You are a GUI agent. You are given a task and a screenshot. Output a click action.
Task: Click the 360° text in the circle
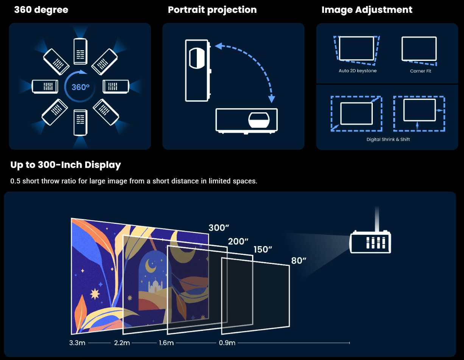pyautogui.click(x=80, y=87)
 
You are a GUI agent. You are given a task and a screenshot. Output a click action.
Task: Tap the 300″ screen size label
pyautogui.click(x=219, y=228)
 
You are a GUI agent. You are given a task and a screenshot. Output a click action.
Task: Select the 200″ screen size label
pyautogui.click(x=238, y=241)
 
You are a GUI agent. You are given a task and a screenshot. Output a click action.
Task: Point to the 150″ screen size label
pyautogui.click(x=263, y=250)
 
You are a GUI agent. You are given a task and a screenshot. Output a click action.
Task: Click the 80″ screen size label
pyautogui.click(x=299, y=261)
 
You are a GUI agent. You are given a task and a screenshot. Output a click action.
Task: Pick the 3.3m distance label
pyautogui.click(x=77, y=343)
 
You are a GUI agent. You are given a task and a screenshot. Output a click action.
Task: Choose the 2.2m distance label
pyautogui.click(x=122, y=343)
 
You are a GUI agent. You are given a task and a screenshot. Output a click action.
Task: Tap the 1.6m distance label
pyautogui.click(x=166, y=343)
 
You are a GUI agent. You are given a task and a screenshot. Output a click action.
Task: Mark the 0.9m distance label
pyautogui.click(x=227, y=343)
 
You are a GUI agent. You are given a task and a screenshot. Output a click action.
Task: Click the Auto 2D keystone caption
pyautogui.click(x=358, y=71)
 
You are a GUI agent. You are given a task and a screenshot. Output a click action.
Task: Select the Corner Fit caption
pyautogui.click(x=420, y=71)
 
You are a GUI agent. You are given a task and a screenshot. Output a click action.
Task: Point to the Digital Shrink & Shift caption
pyautogui.click(x=388, y=140)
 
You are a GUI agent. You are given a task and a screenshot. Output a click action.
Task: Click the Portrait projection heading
pyautogui.click(x=212, y=10)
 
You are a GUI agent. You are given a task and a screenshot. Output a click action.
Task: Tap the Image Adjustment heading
pyautogui.click(x=367, y=10)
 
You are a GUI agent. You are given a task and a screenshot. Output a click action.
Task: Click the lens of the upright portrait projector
pyautogui.click(x=197, y=58)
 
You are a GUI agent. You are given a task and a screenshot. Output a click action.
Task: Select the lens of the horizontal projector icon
pyautogui.click(x=259, y=120)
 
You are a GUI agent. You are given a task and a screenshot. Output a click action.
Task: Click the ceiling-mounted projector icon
pyautogui.click(x=371, y=242)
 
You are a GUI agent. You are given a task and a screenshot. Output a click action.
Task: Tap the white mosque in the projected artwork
pyautogui.click(x=155, y=286)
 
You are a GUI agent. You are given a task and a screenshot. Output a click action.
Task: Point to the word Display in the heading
pyautogui.click(x=103, y=165)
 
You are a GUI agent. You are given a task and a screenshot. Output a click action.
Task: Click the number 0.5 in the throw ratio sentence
pyautogui.click(x=16, y=181)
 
